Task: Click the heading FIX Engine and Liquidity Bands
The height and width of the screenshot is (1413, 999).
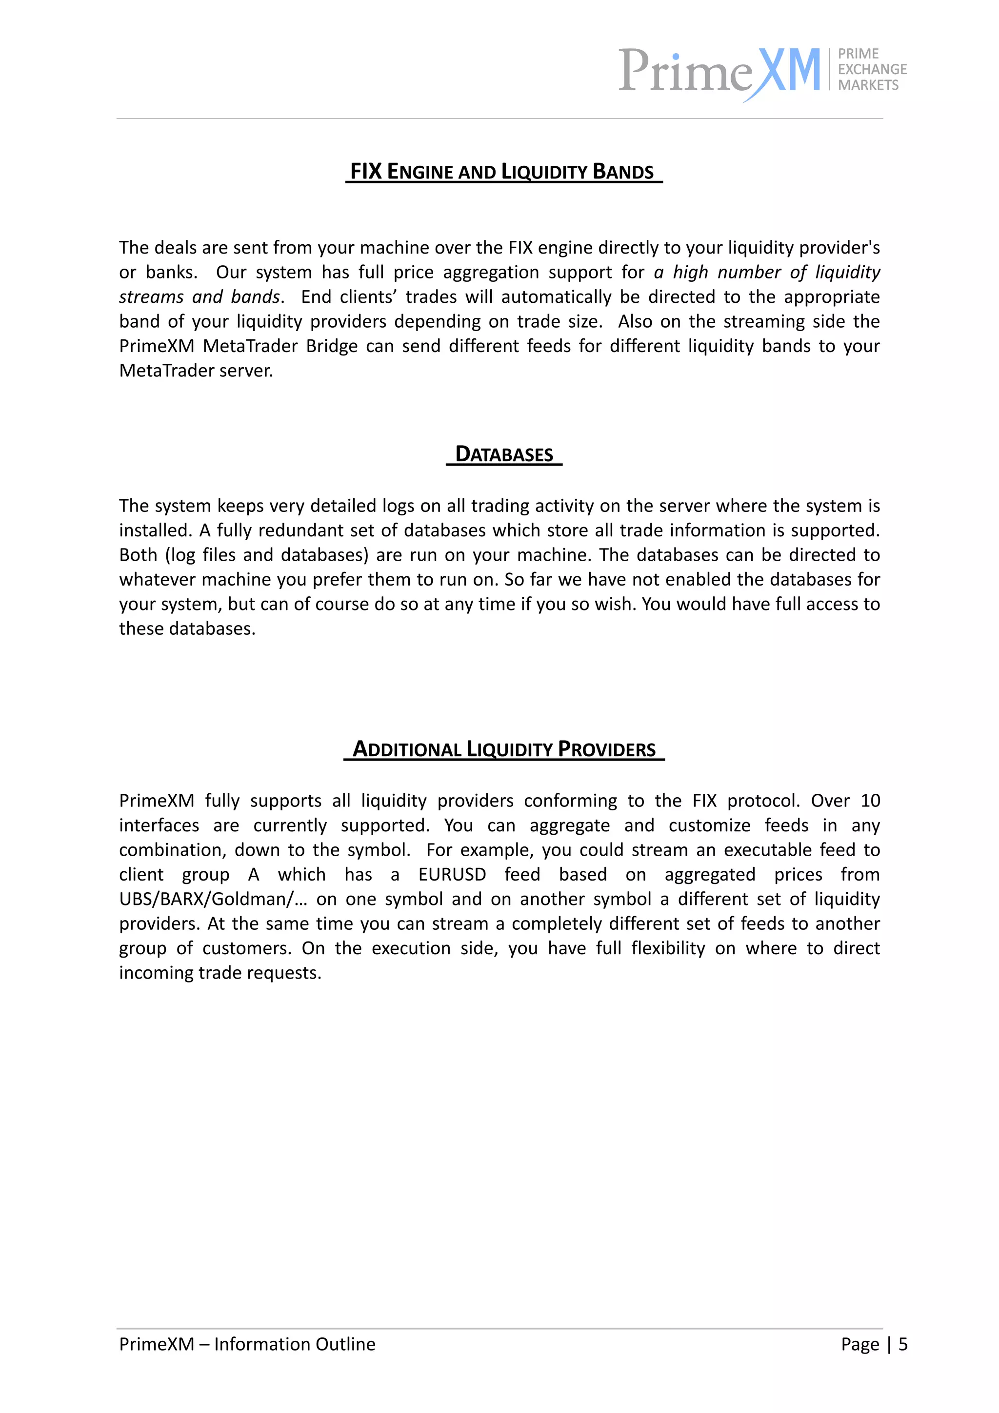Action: pos(502,171)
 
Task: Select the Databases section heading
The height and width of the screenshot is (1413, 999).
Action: pos(503,454)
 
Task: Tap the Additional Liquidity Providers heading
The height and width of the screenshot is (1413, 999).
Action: pos(503,749)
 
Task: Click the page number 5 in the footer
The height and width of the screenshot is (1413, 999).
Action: pos(903,1344)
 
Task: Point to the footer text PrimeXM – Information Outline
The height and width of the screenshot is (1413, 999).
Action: pos(247,1344)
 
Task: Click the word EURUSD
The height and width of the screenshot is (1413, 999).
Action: pos(452,875)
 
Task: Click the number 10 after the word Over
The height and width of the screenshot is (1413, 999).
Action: pos(870,801)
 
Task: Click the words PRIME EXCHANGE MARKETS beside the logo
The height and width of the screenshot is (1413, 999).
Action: pos(871,70)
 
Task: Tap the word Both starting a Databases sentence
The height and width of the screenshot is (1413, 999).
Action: pos(138,555)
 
